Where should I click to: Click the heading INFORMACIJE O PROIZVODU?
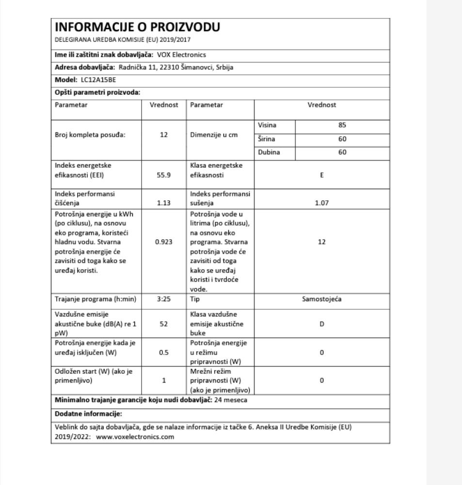138,27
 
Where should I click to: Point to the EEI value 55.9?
164,175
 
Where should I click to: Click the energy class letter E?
321,175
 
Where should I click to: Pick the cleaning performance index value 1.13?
164,203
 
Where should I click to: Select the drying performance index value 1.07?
321,203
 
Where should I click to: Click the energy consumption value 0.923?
164,242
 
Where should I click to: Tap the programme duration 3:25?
164,299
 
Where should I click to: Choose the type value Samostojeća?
321,299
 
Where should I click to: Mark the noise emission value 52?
164,323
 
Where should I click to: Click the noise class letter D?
321,323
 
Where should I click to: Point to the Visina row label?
267,125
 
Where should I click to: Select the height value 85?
342,125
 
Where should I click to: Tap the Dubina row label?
269,152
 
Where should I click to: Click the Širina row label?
267,139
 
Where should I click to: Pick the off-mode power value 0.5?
164,353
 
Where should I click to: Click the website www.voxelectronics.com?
135,436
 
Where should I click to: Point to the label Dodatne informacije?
88,414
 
